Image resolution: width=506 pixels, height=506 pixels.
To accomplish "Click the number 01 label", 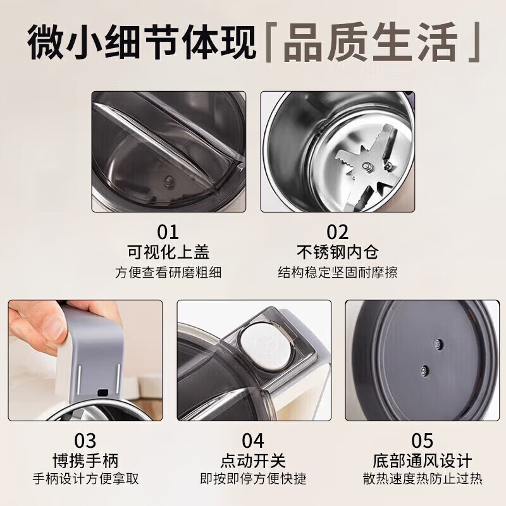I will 168,231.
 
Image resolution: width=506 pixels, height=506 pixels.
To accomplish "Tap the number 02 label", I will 338,231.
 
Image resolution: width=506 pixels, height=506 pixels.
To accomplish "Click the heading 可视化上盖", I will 168,252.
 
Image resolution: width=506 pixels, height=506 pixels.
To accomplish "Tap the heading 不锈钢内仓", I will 338,252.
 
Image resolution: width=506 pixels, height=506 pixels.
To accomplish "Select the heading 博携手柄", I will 85,460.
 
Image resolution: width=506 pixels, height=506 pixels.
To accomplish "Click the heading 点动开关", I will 253,460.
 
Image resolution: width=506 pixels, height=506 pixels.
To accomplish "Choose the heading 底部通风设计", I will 421,460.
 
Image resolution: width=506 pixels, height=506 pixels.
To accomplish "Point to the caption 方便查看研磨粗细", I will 168,273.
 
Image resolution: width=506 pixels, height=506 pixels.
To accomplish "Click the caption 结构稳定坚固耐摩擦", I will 338,273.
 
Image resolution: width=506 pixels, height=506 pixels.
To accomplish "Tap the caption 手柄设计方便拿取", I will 85,479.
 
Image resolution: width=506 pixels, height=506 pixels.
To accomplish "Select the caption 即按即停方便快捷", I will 253,479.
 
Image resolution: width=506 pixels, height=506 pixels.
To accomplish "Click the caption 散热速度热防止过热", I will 421,479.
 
